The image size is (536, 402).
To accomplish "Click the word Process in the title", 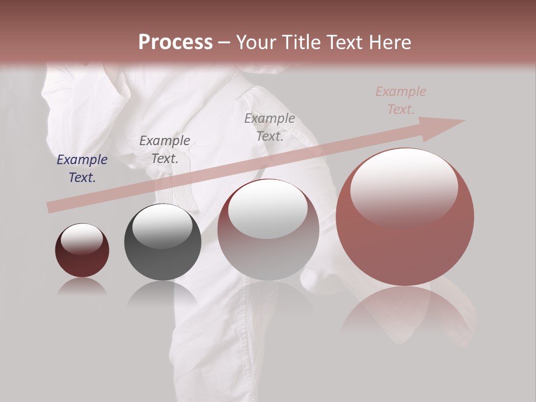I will (175, 42).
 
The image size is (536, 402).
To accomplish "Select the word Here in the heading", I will (387, 42).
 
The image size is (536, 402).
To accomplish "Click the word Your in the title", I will (255, 42).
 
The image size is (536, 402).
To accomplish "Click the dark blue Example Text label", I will (82, 169).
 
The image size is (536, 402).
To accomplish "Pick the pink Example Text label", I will (401, 100).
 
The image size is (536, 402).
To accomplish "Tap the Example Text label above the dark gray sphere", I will (165, 150).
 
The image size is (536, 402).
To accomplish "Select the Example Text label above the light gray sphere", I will (270, 127).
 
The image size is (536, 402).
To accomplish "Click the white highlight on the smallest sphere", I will (82, 239).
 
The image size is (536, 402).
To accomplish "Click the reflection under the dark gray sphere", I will (162, 293).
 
